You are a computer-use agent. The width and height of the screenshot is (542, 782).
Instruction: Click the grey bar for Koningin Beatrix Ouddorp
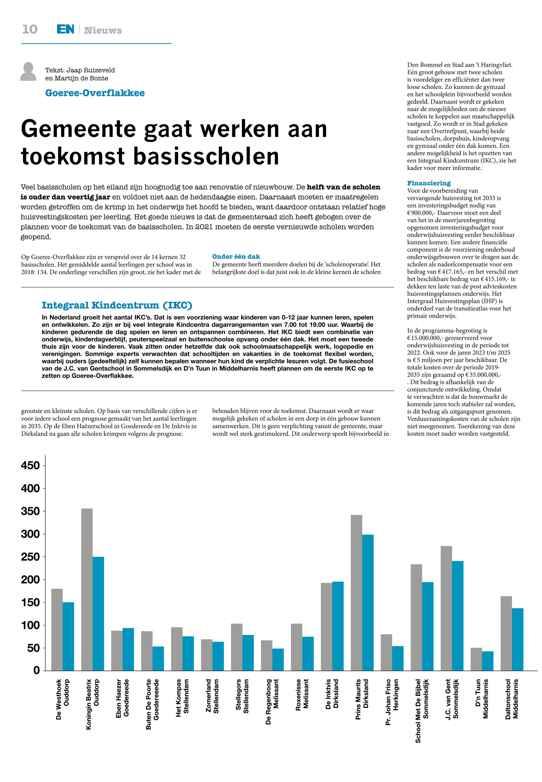tap(87, 589)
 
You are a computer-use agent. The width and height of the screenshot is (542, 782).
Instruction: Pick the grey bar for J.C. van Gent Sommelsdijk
tap(446, 608)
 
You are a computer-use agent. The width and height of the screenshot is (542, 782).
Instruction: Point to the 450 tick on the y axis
tap(31, 465)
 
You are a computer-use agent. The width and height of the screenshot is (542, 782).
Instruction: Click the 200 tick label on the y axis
tap(31, 579)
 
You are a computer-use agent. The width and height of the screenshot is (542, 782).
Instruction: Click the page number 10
tap(30, 30)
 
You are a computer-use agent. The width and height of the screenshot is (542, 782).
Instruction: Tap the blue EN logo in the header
tap(65, 30)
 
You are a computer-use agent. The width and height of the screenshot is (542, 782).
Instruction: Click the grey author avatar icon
tap(28, 72)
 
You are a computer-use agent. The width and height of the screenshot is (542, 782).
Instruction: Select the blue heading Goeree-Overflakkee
tap(95, 93)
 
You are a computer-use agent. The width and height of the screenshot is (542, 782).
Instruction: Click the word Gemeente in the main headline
tap(78, 129)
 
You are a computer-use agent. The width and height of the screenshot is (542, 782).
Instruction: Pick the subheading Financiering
tap(429, 183)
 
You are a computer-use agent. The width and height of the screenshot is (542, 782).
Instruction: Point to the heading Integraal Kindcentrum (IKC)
tap(117, 305)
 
